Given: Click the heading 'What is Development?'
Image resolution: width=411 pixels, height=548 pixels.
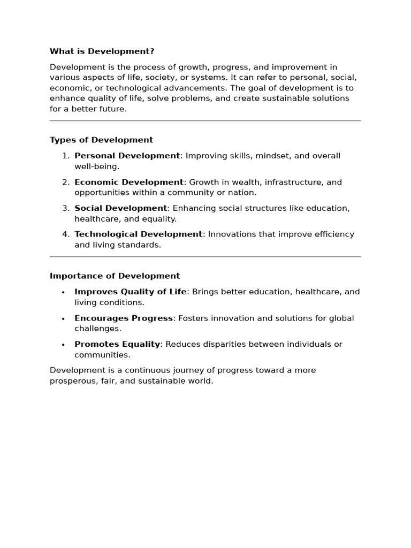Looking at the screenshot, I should click(102, 51).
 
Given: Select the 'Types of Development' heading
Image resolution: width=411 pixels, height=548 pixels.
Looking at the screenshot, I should click(101, 140).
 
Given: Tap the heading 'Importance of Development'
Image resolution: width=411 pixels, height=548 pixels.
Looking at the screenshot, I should click(115, 276).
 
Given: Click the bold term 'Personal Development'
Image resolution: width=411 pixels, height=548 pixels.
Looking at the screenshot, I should click(127, 156).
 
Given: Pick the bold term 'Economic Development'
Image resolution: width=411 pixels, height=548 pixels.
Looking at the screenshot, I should click(128, 182).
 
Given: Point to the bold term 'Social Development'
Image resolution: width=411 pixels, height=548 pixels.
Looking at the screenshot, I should click(120, 208).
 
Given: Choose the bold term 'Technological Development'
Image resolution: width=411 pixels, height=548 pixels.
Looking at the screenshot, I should click(138, 234).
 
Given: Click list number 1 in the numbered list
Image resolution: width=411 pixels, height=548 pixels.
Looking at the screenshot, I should click(65, 156).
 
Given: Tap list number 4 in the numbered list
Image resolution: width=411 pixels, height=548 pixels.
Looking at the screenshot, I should click(65, 234).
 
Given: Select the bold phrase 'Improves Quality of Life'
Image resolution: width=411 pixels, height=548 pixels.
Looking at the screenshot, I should click(131, 292).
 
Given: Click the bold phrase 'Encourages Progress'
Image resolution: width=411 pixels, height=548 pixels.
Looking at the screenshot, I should click(124, 318).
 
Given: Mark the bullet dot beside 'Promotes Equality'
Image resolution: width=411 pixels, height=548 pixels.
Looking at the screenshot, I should click(63, 345).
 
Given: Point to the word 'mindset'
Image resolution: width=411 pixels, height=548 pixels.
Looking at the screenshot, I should click(275, 156).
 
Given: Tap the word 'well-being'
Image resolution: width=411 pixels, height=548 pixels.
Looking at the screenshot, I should click(96, 166).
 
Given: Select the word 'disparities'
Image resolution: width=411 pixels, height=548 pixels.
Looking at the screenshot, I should click(233, 344).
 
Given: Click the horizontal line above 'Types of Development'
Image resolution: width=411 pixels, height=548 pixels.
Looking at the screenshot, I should click(205, 121).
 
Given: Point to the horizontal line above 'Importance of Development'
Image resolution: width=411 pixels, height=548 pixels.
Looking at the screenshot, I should click(205, 257).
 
